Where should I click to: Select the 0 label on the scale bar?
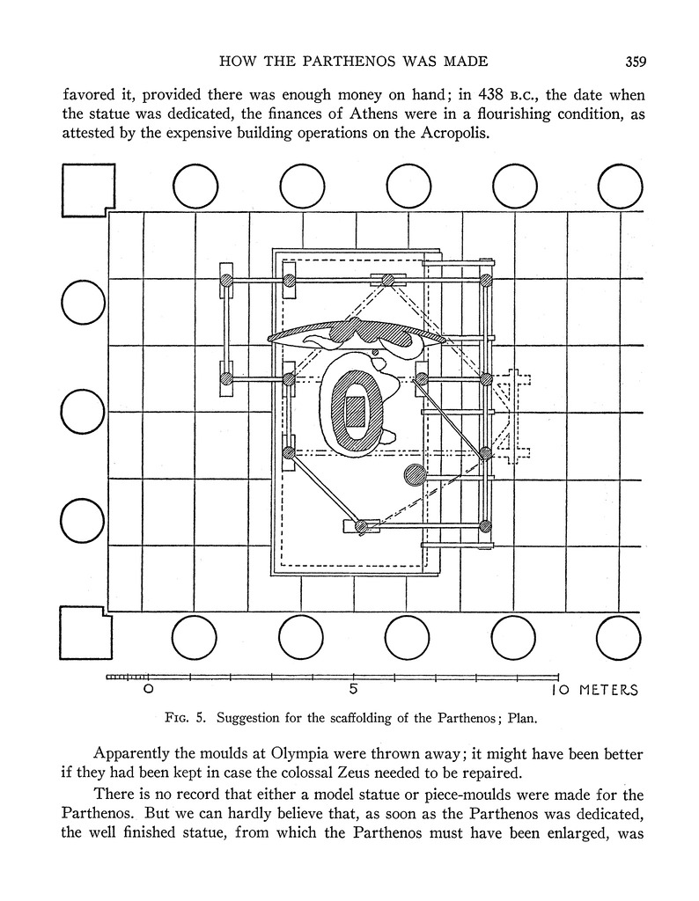(x=149, y=690)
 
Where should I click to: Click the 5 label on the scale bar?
(x=352, y=690)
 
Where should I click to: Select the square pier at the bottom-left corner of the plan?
(x=85, y=634)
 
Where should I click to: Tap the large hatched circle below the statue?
(x=414, y=476)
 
